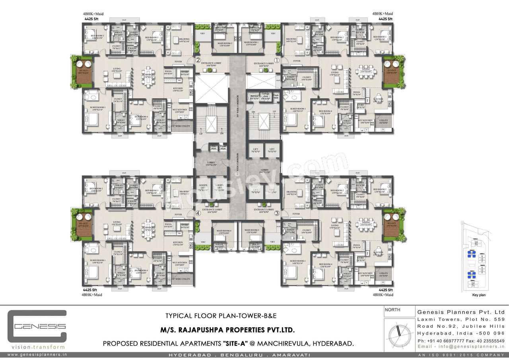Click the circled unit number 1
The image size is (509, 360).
click(277, 60)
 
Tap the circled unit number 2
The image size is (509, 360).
click(198, 60)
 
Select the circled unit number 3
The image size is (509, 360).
click(277, 213)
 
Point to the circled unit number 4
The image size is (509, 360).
click(198, 213)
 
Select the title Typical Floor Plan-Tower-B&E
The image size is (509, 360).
click(221, 316)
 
